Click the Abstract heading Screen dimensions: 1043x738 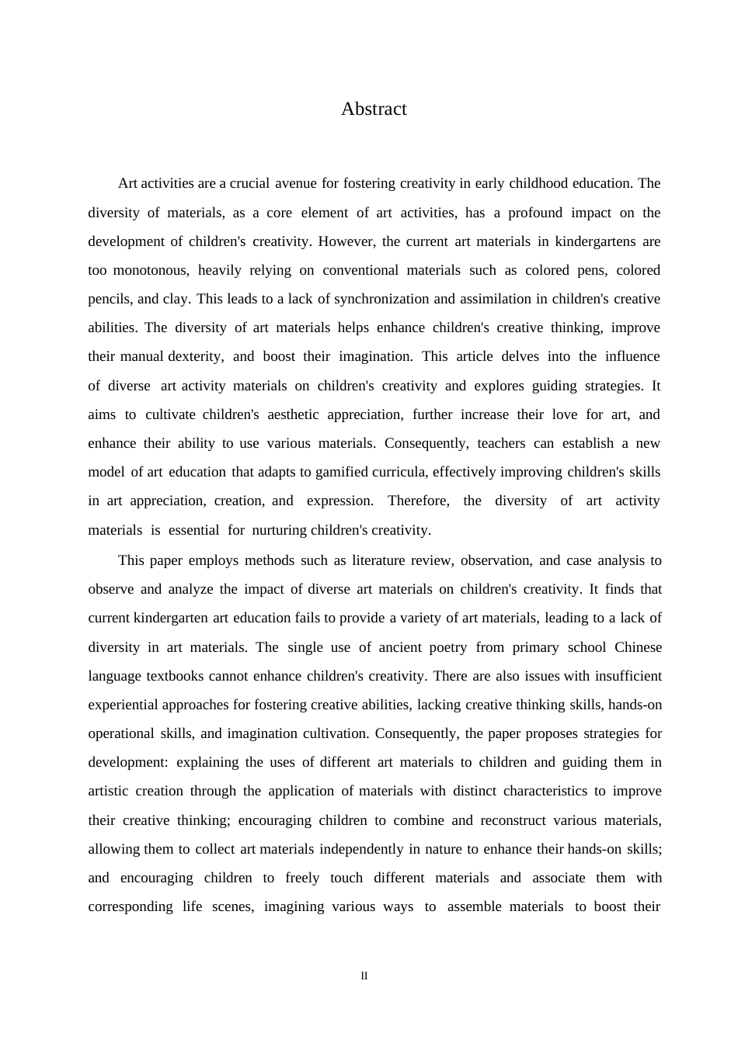pyautogui.click(x=374, y=109)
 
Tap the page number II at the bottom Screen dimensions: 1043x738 pyautogui.click(x=364, y=976)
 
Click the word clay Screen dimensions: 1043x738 pyautogui.click(x=176, y=299)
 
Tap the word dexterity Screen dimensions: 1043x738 pyautogui.click(x=196, y=356)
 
